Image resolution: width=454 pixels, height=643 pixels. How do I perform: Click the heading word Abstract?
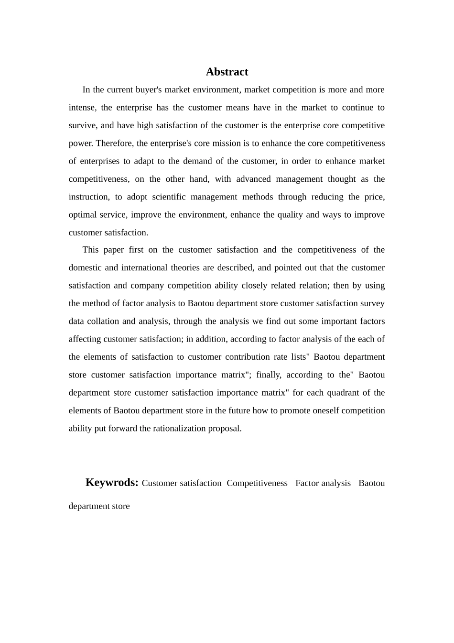click(x=227, y=72)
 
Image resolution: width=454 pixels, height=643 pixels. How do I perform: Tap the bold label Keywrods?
click(x=112, y=482)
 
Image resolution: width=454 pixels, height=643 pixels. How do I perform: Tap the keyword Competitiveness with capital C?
click(x=257, y=483)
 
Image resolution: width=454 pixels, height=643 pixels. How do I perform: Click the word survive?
click(x=83, y=126)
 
